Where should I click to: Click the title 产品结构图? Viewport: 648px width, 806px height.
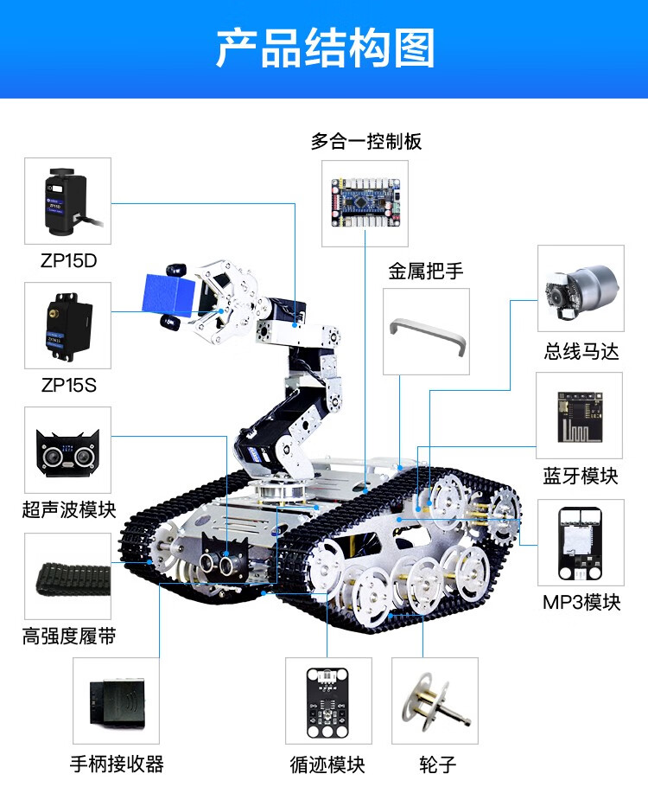pos(324,48)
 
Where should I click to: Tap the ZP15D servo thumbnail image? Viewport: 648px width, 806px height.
pos(67,201)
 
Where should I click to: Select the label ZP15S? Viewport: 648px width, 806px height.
pos(68,385)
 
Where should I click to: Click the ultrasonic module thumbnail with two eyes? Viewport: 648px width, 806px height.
pos(67,452)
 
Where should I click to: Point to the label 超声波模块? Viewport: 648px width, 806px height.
pos(69,509)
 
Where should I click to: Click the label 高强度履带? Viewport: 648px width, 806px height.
pos(69,637)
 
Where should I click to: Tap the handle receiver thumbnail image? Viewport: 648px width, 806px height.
pos(116,700)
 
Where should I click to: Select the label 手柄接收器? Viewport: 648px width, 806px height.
pos(117,764)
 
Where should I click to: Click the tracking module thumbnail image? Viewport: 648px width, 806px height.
pos(328,700)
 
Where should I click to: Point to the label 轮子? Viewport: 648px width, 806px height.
pos(437,764)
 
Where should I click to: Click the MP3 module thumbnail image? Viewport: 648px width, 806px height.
pos(580,543)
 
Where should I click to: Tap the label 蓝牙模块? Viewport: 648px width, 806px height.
pos(581,477)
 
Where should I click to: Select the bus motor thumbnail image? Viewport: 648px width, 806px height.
pos(580,289)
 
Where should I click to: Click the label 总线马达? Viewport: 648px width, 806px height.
pos(581,352)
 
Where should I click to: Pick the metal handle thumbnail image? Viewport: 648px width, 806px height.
pos(427,332)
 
